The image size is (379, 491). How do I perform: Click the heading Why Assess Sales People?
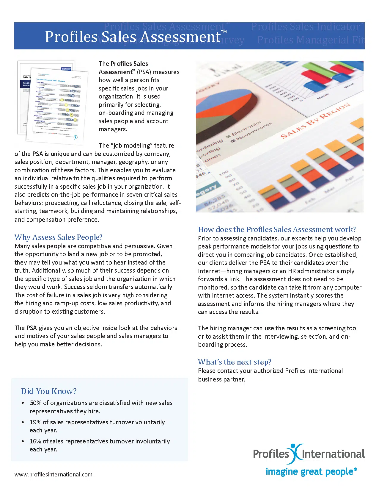click(x=59, y=237)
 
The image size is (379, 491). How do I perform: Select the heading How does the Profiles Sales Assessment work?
click(x=277, y=229)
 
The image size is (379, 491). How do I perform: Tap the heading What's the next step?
click(x=235, y=362)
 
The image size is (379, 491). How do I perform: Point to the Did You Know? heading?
click(x=49, y=391)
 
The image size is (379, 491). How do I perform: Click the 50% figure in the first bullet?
click(x=36, y=403)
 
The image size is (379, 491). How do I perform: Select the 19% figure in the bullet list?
click(x=35, y=422)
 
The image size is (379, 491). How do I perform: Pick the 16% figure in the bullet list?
click(x=35, y=441)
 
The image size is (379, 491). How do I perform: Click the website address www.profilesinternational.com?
click(x=54, y=474)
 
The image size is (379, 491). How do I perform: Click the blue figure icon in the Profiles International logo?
click(x=295, y=453)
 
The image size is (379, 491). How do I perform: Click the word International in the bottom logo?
click(x=333, y=454)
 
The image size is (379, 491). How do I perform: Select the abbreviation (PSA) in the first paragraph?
click(x=144, y=72)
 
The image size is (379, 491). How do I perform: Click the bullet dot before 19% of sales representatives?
click(x=23, y=422)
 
